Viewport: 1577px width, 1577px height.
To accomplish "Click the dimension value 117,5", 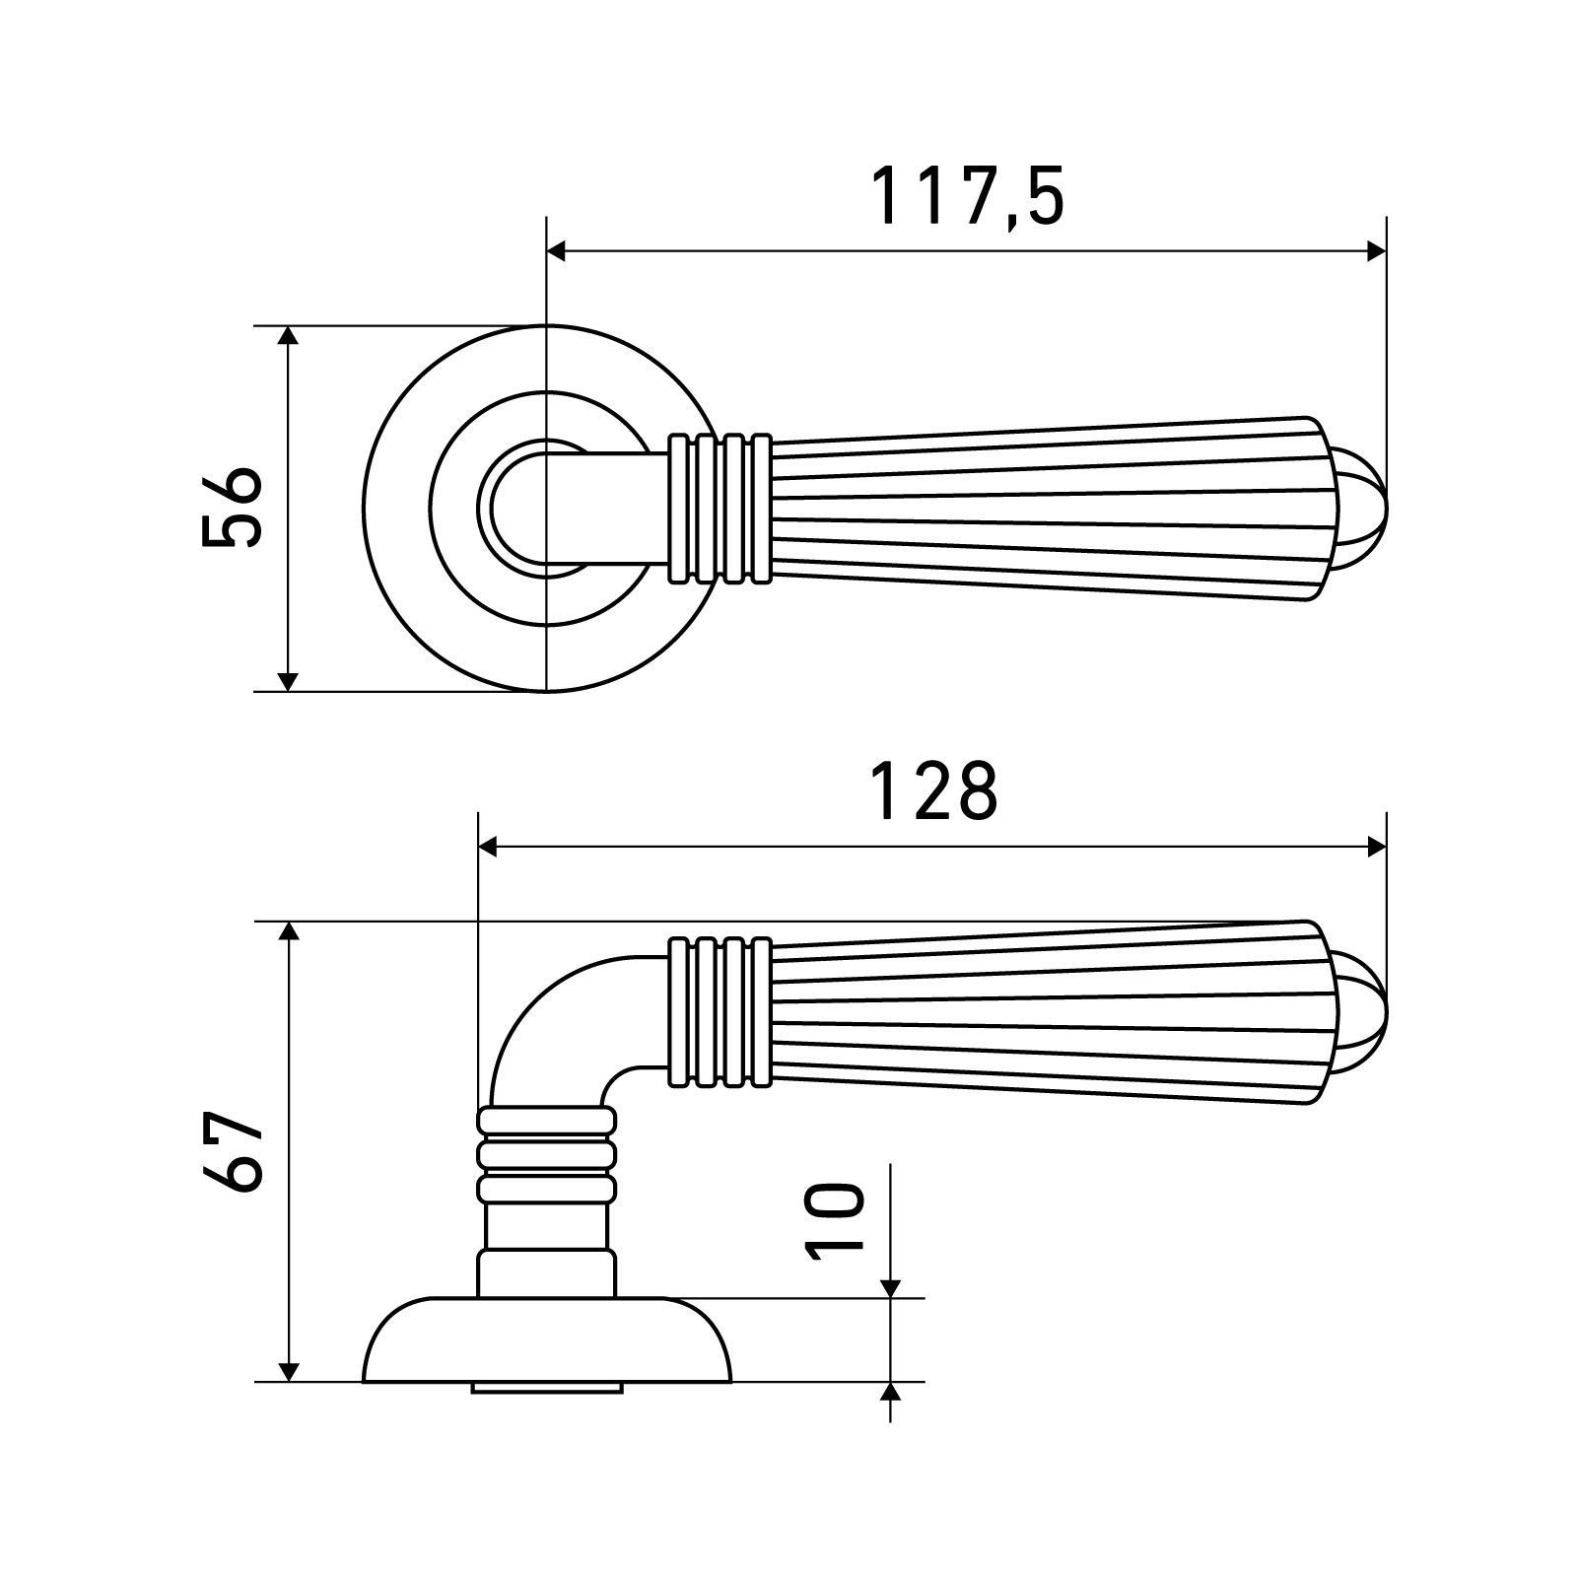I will click(970, 196).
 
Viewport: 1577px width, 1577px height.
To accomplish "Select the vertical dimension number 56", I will click(233, 507).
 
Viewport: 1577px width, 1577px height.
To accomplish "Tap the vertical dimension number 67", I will click(233, 1152).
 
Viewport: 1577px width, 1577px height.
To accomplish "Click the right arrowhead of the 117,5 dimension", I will click(1376, 251).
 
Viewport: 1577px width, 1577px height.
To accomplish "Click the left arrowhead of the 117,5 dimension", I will click(557, 251).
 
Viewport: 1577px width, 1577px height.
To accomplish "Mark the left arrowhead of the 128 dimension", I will click(488, 847).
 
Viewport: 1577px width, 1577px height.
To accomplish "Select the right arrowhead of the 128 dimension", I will click(1376, 847).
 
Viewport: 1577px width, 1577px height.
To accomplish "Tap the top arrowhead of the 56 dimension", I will click(288, 337).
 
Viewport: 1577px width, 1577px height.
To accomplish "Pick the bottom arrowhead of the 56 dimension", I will click(288, 680).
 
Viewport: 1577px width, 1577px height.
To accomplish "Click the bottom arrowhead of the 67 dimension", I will click(288, 1370).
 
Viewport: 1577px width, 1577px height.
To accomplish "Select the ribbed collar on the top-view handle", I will click(720, 507).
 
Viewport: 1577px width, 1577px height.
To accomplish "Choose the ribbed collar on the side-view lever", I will click(720, 1012).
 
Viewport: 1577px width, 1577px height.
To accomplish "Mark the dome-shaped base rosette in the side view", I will click(547, 1340).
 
